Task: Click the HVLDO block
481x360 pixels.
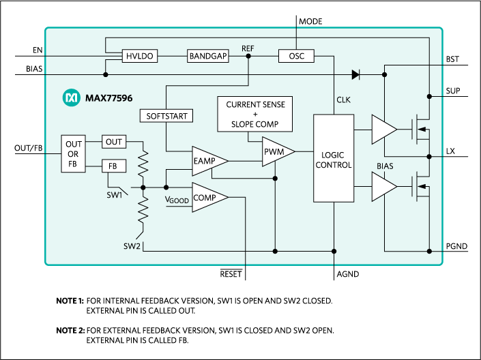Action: coord(139,56)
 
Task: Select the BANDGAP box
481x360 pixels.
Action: coord(208,56)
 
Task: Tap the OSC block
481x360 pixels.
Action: coord(296,56)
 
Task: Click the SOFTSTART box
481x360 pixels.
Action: coord(166,116)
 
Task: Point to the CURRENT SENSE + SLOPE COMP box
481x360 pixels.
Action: coord(255,114)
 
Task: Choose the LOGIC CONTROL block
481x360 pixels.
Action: coord(334,158)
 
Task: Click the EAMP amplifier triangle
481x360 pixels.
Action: coord(206,161)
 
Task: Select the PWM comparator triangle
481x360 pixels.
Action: coord(275,151)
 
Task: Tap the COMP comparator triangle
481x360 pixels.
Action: coord(206,198)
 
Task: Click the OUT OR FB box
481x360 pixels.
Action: coord(74,153)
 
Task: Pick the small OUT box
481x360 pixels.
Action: coord(114,142)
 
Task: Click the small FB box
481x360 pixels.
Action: coord(113,166)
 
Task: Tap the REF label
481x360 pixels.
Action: coord(248,48)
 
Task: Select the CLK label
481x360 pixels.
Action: coord(343,100)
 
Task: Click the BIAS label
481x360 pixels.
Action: coord(385,166)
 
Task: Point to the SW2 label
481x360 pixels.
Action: coord(132,245)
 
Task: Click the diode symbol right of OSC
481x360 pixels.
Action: coord(355,74)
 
